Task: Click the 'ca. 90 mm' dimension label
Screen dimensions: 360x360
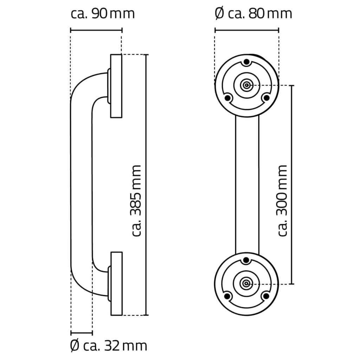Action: (103, 14)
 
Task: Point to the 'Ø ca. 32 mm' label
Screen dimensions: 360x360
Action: (108, 346)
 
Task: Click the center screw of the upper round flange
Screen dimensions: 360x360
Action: (246, 85)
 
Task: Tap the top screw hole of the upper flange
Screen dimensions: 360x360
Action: (246, 62)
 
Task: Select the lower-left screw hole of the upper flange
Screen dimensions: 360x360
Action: (227, 97)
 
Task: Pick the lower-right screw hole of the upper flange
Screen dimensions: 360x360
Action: (266, 97)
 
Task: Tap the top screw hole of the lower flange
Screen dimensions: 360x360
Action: (246, 260)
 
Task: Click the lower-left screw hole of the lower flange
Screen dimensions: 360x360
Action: (227, 296)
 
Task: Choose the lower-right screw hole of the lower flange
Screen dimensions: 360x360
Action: (266, 296)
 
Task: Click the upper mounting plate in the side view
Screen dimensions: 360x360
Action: (116, 86)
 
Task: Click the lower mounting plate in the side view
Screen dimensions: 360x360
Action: (116, 283)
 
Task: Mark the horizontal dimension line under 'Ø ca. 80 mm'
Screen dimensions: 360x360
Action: (246, 30)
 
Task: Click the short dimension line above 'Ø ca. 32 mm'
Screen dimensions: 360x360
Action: (82, 332)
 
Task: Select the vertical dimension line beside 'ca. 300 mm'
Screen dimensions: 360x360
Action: (292, 185)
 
